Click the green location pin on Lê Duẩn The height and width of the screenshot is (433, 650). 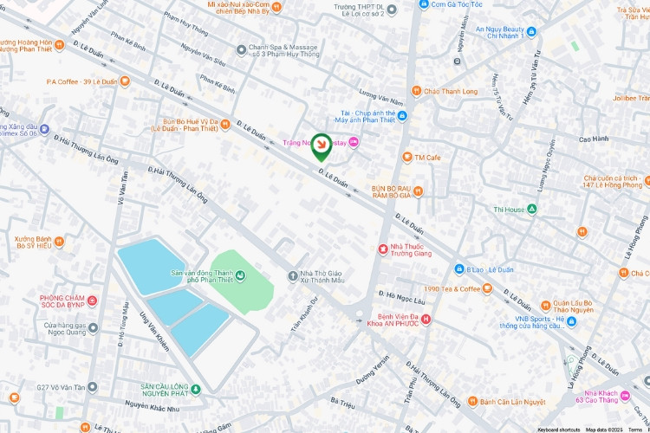coord(322,146)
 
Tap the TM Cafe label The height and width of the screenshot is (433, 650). coord(427,158)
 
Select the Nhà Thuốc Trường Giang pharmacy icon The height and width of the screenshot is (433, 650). coord(382,249)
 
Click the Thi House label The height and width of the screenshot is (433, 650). coord(509,210)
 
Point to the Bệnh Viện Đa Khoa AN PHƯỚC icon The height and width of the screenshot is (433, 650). coord(426,320)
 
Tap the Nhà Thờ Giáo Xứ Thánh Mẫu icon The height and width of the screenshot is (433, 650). coord(293,276)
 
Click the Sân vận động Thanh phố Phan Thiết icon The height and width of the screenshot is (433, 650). coord(240,276)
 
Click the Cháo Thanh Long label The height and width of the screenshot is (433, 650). coord(451,92)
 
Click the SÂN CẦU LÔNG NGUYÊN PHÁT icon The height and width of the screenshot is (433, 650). coord(196,389)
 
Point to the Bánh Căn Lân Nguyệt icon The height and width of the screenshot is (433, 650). coord(472,402)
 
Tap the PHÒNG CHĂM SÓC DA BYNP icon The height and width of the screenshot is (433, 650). coord(92,301)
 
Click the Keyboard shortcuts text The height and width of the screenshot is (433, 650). coord(558,430)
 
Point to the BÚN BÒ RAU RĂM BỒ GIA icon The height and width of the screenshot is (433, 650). coord(418,191)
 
